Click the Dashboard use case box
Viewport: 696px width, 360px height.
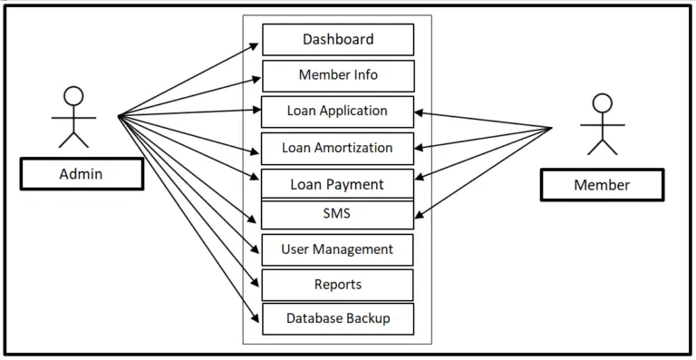(337, 40)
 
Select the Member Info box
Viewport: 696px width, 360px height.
(337, 75)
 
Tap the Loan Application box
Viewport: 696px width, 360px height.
(337, 112)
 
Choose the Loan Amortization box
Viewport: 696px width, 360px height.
(337, 148)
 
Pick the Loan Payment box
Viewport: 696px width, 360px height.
(337, 184)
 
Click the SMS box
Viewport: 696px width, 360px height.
(337, 215)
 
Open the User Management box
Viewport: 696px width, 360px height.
(337, 249)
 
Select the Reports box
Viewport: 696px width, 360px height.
(337, 285)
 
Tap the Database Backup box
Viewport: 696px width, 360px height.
(337, 318)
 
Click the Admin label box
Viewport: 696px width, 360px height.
(82, 174)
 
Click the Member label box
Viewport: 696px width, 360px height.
(602, 185)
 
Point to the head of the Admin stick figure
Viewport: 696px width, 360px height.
(73, 95)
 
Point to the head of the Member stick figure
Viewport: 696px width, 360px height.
(602, 102)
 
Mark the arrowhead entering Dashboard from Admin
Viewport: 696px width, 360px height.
(256, 44)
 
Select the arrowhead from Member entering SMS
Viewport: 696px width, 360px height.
(419, 216)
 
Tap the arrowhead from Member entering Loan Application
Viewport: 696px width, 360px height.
(419, 113)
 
